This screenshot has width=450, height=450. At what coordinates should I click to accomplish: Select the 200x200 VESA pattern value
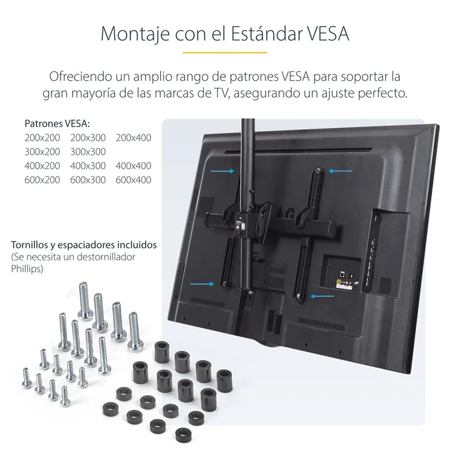pos(42,138)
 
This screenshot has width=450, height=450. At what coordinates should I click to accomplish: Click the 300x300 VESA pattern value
pos(88,152)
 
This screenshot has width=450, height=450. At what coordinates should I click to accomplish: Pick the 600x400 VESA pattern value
pos(134,180)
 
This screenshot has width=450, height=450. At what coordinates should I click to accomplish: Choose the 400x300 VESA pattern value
pos(88,166)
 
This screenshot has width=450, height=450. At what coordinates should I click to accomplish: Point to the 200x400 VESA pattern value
pos(134,138)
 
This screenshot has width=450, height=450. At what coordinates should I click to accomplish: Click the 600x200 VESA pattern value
pos(42,180)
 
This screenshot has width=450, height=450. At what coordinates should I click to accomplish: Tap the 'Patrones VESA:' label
pos(57,123)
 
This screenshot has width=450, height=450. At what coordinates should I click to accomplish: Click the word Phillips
pos(28,269)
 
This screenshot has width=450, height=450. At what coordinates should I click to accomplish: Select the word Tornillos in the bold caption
pos(32,246)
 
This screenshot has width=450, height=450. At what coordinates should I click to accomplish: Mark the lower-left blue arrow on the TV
pos(203,282)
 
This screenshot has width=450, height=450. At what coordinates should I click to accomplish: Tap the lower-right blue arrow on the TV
pos(321,296)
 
